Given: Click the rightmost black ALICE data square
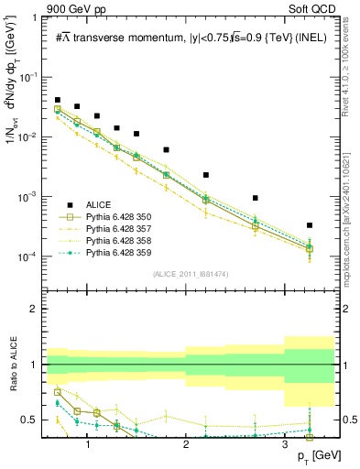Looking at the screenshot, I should pos(310,225).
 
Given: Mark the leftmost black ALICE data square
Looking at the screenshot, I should pos(58,100).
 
